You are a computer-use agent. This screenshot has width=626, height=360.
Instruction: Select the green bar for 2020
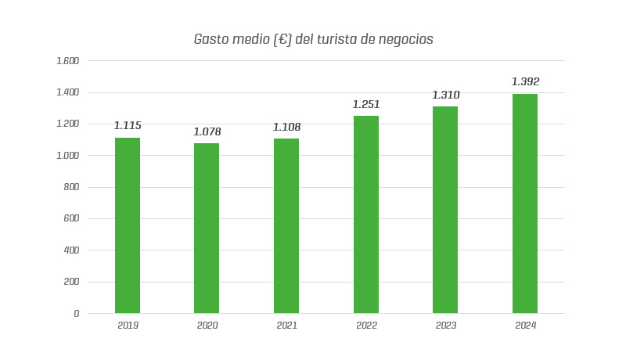coord(207,228)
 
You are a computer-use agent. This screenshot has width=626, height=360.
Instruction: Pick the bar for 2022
coord(366,214)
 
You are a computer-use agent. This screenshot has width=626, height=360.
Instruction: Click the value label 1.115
coord(128,125)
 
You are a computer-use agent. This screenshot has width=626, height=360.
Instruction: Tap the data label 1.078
coord(207,131)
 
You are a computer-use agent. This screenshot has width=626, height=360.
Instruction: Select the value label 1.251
coord(366,104)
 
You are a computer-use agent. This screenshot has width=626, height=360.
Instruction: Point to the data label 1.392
coord(525,81)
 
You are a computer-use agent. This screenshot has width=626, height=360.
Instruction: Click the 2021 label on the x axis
coord(286,326)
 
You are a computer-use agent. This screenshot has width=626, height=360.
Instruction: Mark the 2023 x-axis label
coord(446,326)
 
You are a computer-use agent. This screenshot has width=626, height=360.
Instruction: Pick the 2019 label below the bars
coord(128,326)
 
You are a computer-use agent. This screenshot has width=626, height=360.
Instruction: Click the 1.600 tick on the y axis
coord(68,61)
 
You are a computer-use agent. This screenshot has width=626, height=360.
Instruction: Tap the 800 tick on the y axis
coord(71,187)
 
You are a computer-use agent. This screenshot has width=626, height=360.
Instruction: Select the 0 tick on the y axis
coord(76,314)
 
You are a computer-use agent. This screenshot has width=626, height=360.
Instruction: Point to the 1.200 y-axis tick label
coord(68,124)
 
